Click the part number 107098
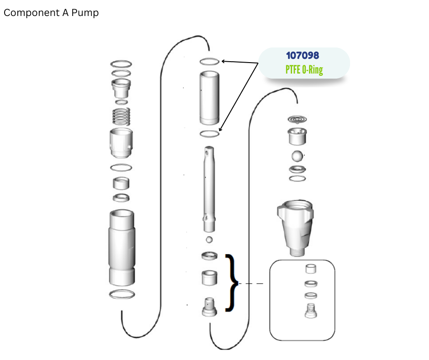click(302, 55)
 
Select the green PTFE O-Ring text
click(304, 69)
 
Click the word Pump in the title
click(85, 13)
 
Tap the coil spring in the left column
click(121, 116)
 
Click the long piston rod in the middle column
click(209, 189)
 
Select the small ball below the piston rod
click(209, 240)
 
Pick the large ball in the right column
click(297, 156)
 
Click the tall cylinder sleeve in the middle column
click(209, 98)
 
